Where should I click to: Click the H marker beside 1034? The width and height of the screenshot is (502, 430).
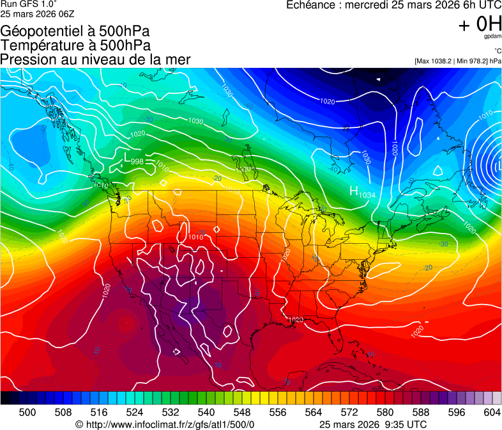click(x=353, y=191)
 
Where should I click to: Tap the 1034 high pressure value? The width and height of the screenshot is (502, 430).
click(x=366, y=194)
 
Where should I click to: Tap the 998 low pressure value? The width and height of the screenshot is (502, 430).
click(x=137, y=162)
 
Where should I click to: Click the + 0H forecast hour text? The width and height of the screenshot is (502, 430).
click(x=480, y=24)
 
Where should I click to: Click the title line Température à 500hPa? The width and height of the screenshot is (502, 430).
click(x=75, y=45)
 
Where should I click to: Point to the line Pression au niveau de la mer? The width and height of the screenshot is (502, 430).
click(x=95, y=60)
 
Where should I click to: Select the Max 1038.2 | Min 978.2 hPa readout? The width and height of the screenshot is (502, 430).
click(x=457, y=61)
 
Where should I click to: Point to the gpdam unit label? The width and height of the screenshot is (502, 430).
click(x=492, y=37)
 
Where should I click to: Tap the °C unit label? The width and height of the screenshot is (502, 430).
click(x=497, y=51)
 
